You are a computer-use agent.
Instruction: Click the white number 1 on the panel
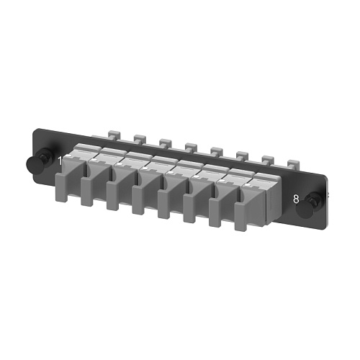pyautogui.click(x=60, y=161)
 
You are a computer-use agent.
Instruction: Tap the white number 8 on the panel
pyautogui.click(x=296, y=199)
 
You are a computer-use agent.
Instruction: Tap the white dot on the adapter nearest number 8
pyautogui.click(x=246, y=185)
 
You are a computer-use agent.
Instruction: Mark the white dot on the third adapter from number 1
pyautogui.click(x=118, y=164)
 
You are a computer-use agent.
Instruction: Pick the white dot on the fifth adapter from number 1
pyautogui.click(x=170, y=173)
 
